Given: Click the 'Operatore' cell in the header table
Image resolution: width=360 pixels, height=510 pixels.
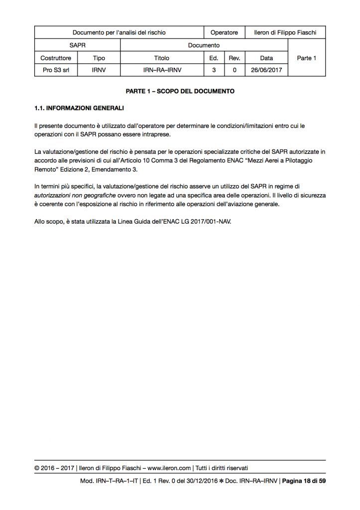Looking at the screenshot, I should coord(224,32).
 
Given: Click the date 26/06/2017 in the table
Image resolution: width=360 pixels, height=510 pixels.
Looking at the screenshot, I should coord(266,70).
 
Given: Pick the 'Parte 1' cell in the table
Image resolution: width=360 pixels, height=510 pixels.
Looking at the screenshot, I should coord(307,58).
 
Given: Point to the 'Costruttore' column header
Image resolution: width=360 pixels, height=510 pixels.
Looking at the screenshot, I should coord(56,58).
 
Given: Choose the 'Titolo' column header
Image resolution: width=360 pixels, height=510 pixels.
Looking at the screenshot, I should coord(162,58).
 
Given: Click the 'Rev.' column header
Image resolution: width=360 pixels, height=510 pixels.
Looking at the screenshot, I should coord(235,58).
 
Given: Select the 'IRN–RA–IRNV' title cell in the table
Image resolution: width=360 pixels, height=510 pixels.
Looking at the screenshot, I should coord(162,70).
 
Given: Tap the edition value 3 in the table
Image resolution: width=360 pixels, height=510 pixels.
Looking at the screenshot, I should coord(214,70).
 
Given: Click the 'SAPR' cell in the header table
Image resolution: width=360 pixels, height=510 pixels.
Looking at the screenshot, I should coord(77,45).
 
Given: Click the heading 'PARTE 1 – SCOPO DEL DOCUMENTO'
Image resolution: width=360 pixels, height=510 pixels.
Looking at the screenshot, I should coord(180,92).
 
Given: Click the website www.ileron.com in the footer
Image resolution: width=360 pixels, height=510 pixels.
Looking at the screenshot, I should coord(169,468).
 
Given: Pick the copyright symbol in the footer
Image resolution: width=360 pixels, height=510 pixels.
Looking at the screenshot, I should coord(37,468).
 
